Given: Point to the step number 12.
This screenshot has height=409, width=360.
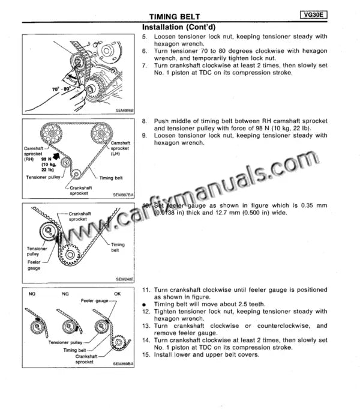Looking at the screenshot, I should [146, 312].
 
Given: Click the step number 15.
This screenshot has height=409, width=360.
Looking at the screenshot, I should [146, 354].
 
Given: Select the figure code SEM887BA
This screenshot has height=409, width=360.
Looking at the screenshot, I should [123, 195].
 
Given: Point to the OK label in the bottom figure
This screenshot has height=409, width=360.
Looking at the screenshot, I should [117, 294].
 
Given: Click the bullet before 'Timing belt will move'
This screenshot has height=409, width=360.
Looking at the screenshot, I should [145, 304].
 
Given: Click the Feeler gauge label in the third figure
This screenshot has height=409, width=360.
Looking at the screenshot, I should [34, 265].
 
